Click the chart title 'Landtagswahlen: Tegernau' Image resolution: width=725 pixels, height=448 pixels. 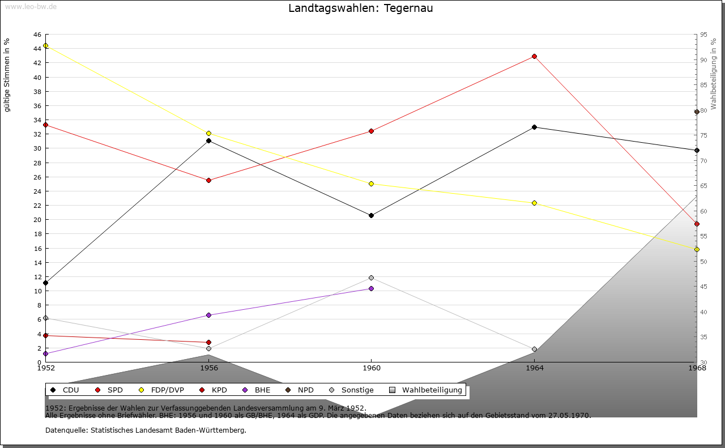pyautogui.click(x=360, y=8)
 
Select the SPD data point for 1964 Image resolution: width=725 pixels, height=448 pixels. pyautogui.click(x=534, y=57)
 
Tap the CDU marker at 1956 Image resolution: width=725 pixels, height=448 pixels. pyautogui.click(x=208, y=140)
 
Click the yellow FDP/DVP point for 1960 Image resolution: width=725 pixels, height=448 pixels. pyautogui.click(x=371, y=184)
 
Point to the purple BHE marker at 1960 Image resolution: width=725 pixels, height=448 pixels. pyautogui.click(x=371, y=288)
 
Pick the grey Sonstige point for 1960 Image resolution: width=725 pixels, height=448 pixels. pyautogui.click(x=371, y=278)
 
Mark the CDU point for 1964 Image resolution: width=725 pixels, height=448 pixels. pyautogui.click(x=534, y=127)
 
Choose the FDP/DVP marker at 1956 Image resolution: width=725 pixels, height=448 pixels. pyautogui.click(x=208, y=133)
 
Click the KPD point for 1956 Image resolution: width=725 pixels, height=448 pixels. pyautogui.click(x=208, y=342)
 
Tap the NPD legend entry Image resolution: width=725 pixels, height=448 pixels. pyautogui.click(x=305, y=390)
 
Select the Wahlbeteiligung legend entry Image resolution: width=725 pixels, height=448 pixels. pyautogui.click(x=432, y=390)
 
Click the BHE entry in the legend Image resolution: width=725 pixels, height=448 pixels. pyautogui.click(x=262, y=390)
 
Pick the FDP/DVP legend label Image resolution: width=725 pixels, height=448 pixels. pyautogui.click(x=167, y=390)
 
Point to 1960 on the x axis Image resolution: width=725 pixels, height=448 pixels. pyautogui.click(x=371, y=368)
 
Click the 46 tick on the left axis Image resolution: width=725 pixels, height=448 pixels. pyautogui.click(x=36, y=35)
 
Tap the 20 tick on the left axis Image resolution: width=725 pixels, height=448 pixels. pyautogui.click(x=36, y=220)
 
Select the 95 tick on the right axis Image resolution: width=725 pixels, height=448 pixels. pyautogui.click(x=703, y=35)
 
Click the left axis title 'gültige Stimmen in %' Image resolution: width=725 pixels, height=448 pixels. pyautogui.click(x=7, y=75)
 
